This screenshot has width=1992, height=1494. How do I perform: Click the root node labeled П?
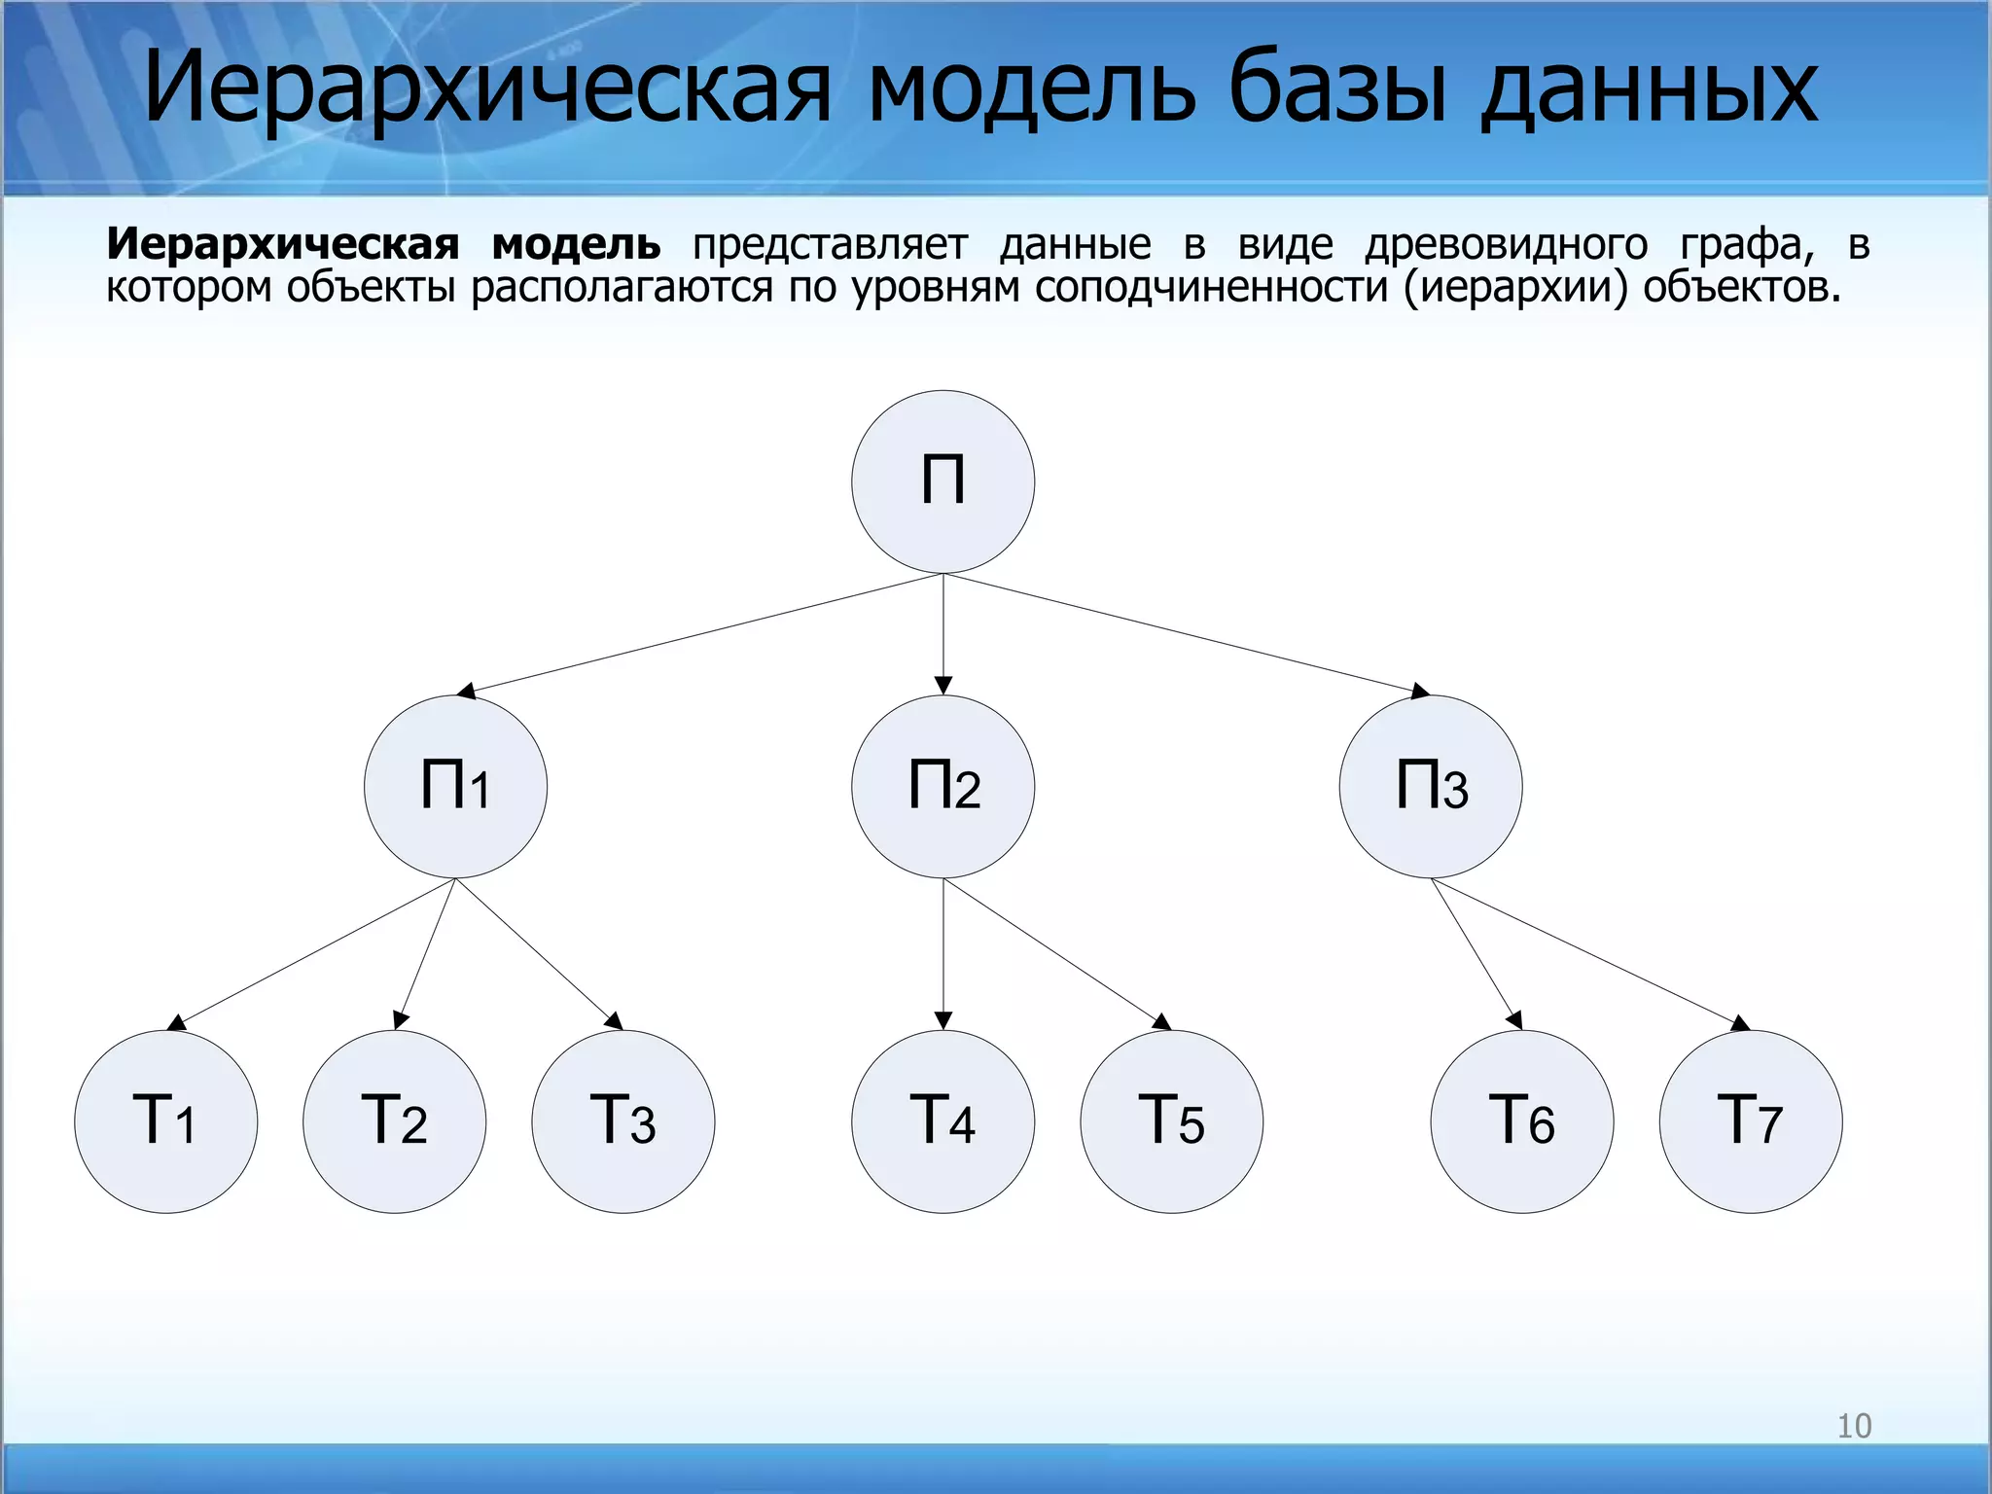(x=943, y=481)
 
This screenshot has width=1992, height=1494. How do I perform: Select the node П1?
(x=455, y=786)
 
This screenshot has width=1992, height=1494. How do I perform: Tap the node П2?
(x=943, y=786)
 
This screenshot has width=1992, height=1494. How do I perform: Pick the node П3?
(x=1431, y=786)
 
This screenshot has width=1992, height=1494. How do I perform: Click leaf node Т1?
(x=165, y=1120)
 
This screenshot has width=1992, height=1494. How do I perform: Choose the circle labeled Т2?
(x=394, y=1120)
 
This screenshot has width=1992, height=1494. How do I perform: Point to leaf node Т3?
(x=622, y=1120)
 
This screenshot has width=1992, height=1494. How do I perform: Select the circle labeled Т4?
(x=943, y=1120)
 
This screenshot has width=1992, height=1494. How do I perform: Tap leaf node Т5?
(x=1171, y=1120)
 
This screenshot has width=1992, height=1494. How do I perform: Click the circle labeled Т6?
(x=1521, y=1120)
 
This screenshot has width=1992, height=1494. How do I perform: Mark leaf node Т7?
(x=1750, y=1120)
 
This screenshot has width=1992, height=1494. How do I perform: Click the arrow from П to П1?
(x=700, y=633)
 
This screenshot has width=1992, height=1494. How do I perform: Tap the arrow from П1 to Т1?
(x=311, y=953)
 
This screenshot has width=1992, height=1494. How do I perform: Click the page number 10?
(x=1854, y=1426)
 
